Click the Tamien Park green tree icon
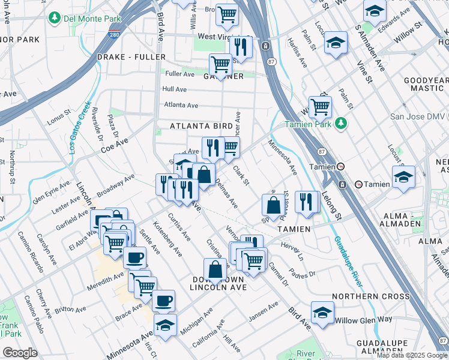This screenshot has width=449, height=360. [x=342, y=124]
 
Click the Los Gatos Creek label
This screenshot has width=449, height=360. [x=80, y=127]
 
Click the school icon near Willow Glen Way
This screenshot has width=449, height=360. [x=322, y=313]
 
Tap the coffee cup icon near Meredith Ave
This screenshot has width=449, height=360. [x=134, y=258]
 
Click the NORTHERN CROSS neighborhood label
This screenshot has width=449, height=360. [x=370, y=296]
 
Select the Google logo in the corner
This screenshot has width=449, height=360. [x=20, y=353]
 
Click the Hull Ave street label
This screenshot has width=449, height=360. [x=174, y=89]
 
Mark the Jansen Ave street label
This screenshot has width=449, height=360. [x=264, y=308]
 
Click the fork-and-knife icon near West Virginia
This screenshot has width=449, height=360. [x=240, y=46]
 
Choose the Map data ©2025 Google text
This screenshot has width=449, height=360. [x=412, y=355]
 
